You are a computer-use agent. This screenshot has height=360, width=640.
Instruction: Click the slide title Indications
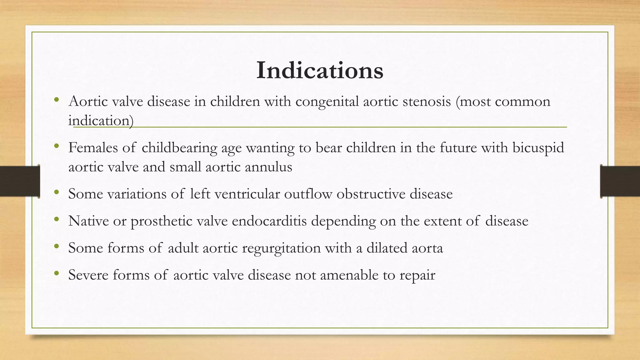coord(320,71)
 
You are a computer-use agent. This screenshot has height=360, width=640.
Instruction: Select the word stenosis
coord(427,101)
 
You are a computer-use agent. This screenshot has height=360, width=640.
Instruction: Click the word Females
coord(93,147)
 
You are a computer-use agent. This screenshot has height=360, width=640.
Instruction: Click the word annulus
coord(268,167)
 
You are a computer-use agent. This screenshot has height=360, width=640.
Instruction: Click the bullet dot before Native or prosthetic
coord(56,219)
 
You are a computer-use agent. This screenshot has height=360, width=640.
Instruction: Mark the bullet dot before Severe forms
coord(56,273)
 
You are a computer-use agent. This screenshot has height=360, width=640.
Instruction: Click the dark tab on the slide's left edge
coord(20,181)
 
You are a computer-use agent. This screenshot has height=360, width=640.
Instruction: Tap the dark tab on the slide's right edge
coord(620,181)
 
